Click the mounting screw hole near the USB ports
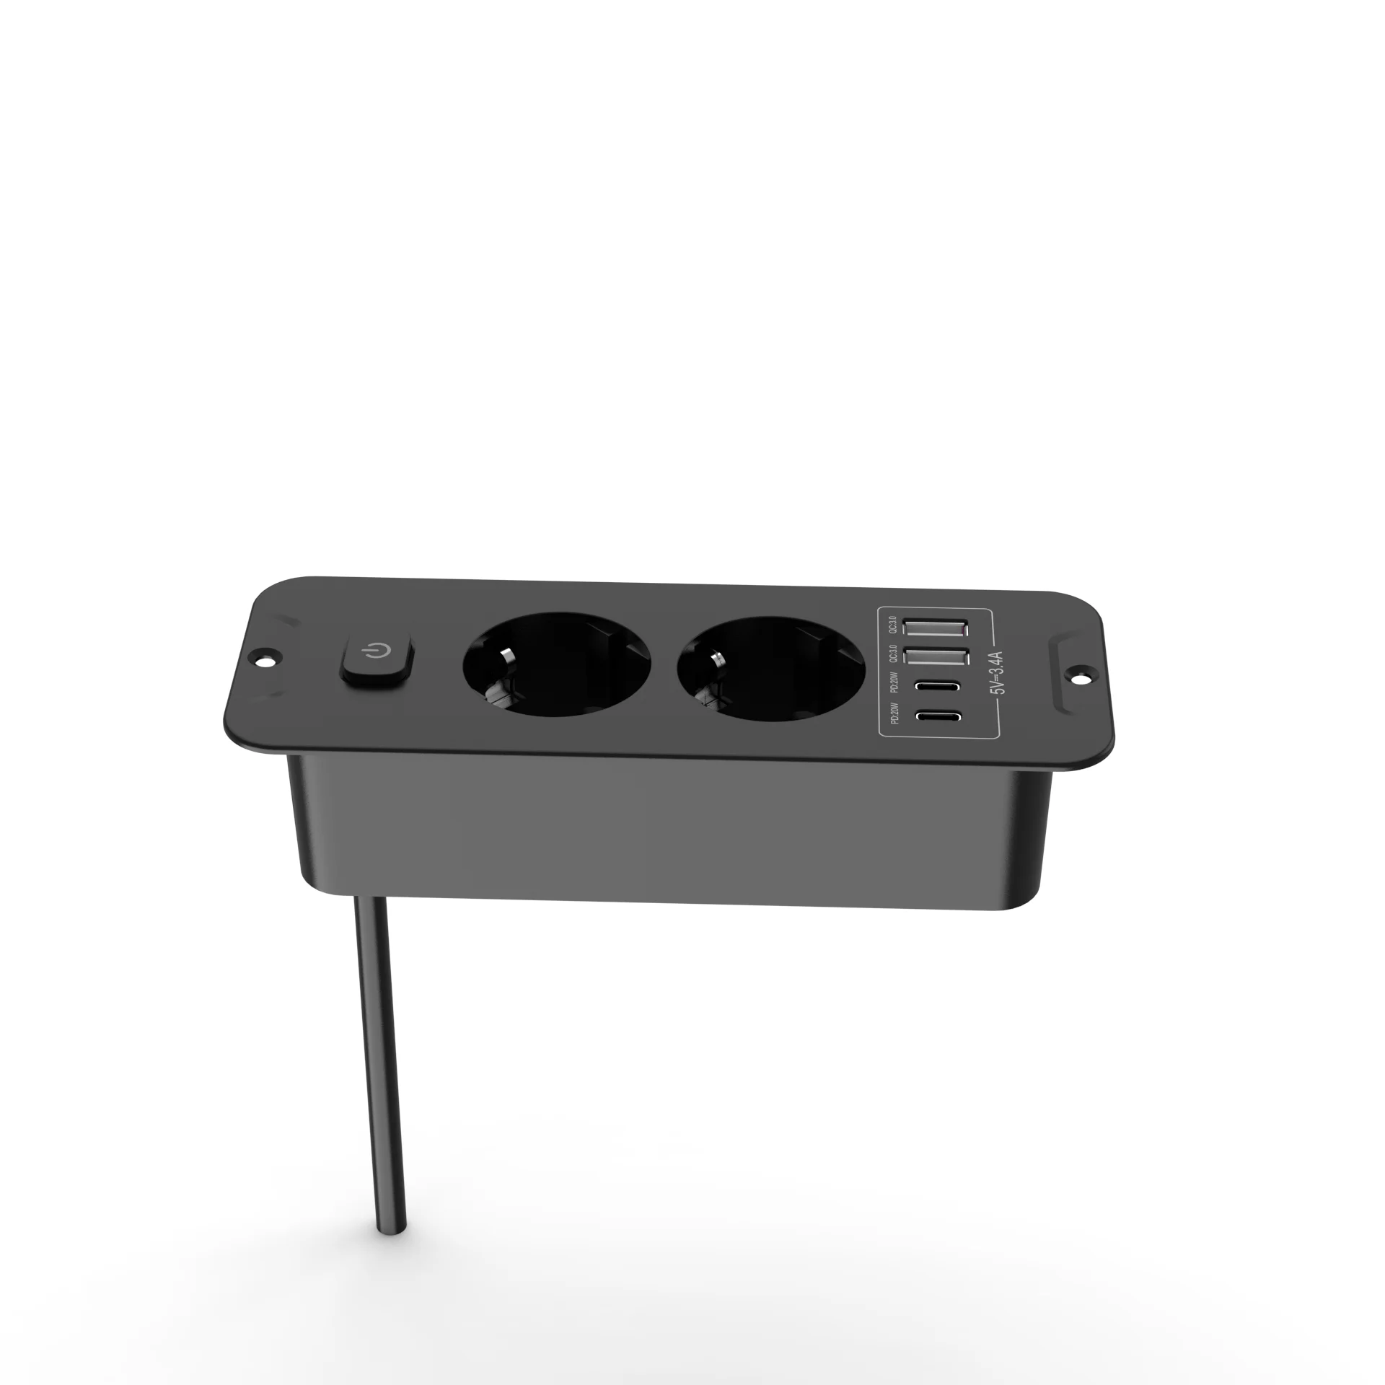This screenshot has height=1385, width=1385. [1083, 676]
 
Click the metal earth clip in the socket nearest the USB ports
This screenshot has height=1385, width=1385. [717, 660]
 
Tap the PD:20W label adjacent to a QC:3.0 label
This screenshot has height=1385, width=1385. [893, 682]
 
